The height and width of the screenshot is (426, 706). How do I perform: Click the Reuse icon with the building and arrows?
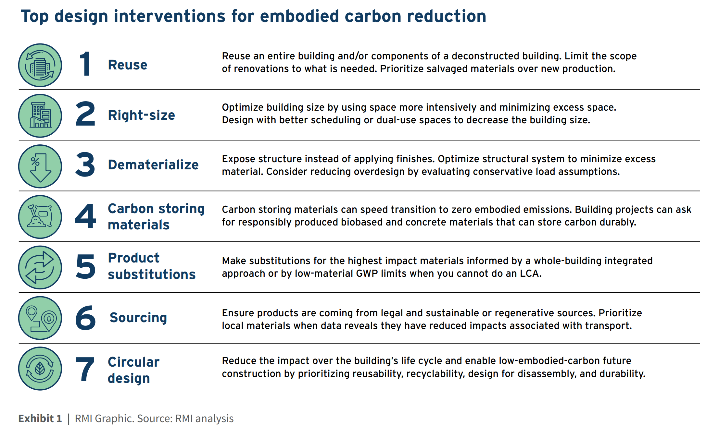(40, 65)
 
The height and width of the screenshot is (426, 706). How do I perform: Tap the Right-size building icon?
(40, 116)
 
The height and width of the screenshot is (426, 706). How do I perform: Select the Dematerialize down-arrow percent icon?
(40, 166)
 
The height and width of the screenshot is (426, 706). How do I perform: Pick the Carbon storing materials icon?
(40, 217)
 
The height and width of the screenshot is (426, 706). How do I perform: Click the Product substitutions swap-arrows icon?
(40, 268)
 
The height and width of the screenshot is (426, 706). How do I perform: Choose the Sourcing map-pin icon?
(40, 318)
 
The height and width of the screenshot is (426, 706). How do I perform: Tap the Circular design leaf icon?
(40, 369)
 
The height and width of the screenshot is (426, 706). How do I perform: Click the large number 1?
(85, 64)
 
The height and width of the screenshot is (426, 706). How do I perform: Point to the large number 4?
(85, 216)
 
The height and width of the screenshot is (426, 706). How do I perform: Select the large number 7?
(85, 369)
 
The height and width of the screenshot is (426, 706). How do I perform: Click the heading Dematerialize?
(153, 165)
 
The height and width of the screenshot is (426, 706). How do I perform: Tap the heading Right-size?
(142, 115)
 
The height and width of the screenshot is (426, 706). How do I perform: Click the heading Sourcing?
(138, 318)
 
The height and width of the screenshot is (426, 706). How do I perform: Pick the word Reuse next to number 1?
(128, 65)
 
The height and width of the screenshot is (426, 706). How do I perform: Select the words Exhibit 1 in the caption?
(40, 419)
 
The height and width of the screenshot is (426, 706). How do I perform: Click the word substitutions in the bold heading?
(152, 274)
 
